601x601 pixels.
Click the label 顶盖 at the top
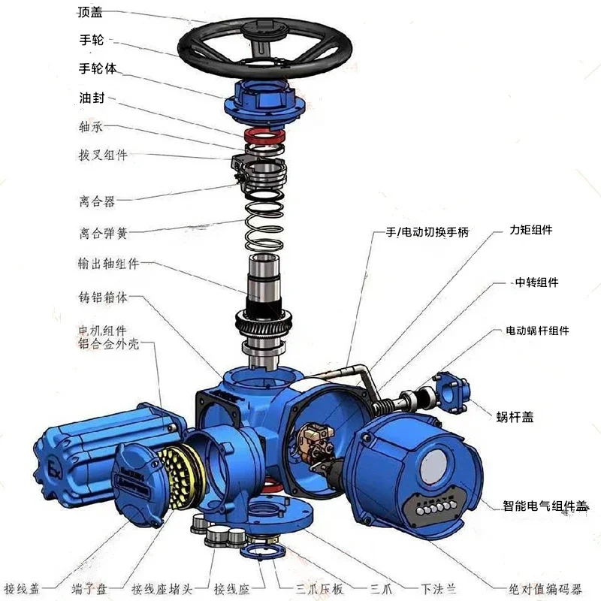[x=90, y=12]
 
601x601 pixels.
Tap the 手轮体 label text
[x=98, y=68]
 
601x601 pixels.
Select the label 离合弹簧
[x=103, y=233]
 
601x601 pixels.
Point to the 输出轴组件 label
[x=108, y=264]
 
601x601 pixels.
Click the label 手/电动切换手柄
[x=427, y=232]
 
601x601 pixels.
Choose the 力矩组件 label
[x=531, y=230]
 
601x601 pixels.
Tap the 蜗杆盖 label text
[x=515, y=417]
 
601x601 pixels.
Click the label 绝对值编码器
[x=545, y=588]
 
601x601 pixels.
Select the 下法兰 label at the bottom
[x=438, y=588]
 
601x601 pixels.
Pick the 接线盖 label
[x=22, y=588]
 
